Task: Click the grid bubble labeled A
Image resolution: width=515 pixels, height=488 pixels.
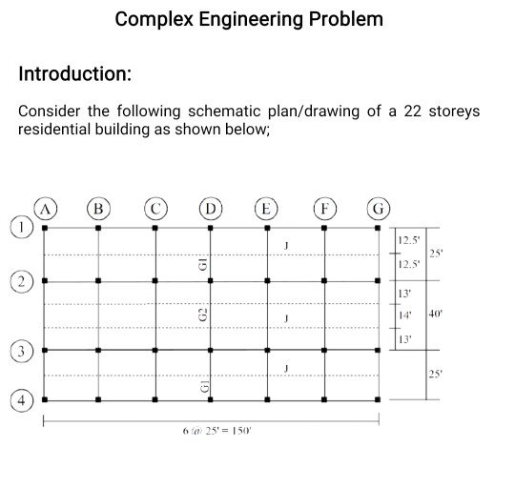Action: pyautogui.click(x=46, y=209)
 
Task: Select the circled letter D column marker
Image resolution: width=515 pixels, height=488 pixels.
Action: pyautogui.click(x=211, y=209)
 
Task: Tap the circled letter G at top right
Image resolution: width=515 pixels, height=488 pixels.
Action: pyautogui.click(x=379, y=209)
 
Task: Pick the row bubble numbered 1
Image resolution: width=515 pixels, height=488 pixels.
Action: pyautogui.click(x=22, y=227)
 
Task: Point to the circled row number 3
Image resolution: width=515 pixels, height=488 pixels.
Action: pyautogui.click(x=22, y=352)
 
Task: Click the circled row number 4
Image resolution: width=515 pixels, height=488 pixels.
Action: pyautogui.click(x=22, y=400)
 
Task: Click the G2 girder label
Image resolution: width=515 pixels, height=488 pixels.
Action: pyautogui.click(x=204, y=315)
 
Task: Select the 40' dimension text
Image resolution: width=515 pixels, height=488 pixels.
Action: pyautogui.click(x=436, y=314)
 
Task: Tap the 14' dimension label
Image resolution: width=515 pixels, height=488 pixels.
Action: pyautogui.click(x=405, y=315)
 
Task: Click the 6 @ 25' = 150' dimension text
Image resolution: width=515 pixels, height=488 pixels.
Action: pyautogui.click(x=216, y=431)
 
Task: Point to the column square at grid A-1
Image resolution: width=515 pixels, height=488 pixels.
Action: pyautogui.click(x=45, y=228)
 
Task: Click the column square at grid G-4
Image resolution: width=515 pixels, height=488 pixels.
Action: pyautogui.click(x=378, y=399)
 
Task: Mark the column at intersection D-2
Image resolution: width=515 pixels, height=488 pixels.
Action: pyautogui.click(x=211, y=280)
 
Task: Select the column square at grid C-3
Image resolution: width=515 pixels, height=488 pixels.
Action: pyautogui.click(x=155, y=350)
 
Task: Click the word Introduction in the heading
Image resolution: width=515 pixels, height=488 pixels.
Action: pyautogui.click(x=75, y=73)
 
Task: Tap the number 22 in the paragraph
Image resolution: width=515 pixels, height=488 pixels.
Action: pyautogui.click(x=413, y=111)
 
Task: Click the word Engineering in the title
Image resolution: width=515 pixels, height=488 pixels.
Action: pyautogui.click(x=250, y=20)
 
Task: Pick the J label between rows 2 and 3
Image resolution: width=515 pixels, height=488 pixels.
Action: pyautogui.click(x=286, y=318)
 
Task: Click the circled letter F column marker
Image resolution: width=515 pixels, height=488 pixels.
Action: pyautogui.click(x=325, y=209)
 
